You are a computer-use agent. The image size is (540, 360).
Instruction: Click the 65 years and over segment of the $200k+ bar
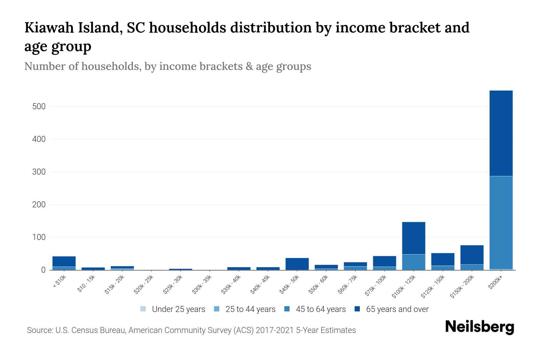click(501, 133)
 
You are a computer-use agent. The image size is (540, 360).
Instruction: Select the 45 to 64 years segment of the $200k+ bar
click(501, 223)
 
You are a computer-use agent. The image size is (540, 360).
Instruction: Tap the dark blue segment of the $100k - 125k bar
click(413, 238)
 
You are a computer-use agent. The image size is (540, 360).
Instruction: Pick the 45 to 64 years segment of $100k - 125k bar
click(413, 262)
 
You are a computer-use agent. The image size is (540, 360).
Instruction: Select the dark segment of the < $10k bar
click(64, 262)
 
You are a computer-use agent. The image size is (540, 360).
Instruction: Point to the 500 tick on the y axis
click(39, 106)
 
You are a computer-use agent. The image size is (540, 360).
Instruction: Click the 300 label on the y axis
click(39, 172)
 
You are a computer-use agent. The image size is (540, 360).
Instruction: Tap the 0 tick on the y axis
click(43, 270)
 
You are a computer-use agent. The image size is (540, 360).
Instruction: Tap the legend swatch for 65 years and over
click(357, 309)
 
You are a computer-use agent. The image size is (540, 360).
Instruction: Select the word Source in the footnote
click(39, 330)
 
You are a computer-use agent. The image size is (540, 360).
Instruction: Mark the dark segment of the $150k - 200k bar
click(472, 255)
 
